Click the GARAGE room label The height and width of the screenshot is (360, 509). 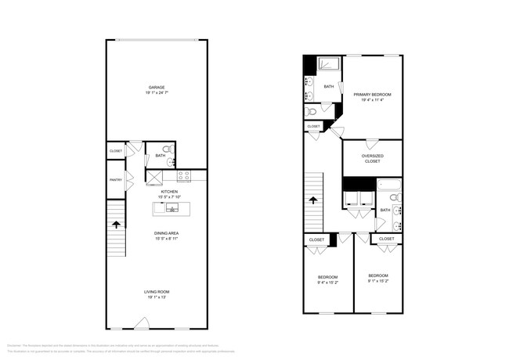coord(157,87)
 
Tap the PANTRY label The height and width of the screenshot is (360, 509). coord(115,180)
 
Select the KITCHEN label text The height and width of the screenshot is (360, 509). coord(169,191)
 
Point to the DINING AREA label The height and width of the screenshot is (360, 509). coord(168,232)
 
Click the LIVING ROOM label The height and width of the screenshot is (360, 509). coord(157,292)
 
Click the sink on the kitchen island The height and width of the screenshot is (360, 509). coord(171,208)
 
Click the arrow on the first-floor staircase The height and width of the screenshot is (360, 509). coord(117,225)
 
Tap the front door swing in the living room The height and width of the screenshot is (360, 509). coord(142,322)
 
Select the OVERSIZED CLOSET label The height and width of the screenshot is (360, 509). coord(372,158)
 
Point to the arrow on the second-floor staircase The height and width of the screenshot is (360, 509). coord(313,200)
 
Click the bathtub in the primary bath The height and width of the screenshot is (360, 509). coord(330,64)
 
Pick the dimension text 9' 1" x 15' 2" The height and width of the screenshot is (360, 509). coord(377,281)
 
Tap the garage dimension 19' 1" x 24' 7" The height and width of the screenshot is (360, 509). coord(157,93)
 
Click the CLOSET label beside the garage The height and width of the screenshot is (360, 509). coord(116,150)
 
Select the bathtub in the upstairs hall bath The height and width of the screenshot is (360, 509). coord(388,186)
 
